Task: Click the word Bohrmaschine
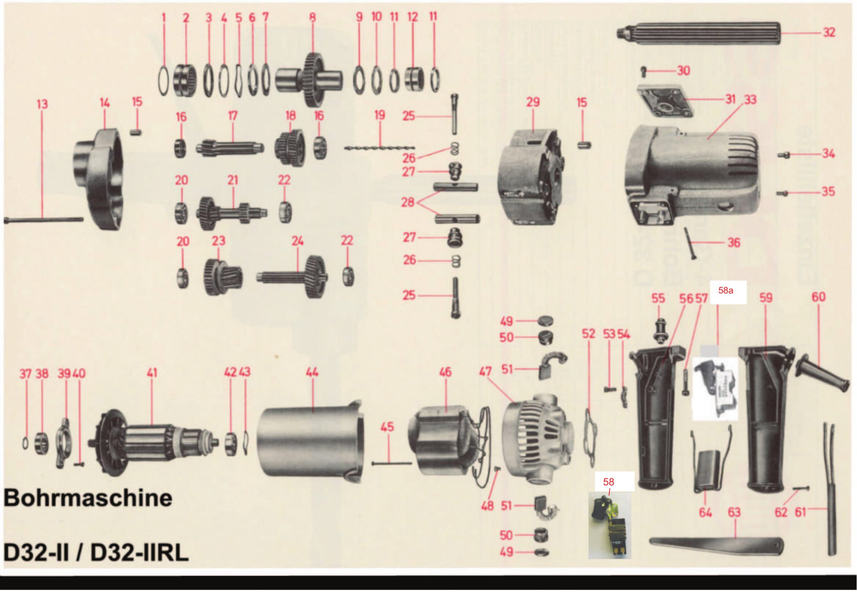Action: [88, 498]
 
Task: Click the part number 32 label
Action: [829, 32]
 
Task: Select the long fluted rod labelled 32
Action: [699, 33]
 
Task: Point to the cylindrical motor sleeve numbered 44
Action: [310, 442]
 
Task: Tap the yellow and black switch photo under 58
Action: [609, 526]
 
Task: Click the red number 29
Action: [533, 102]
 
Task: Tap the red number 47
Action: [485, 371]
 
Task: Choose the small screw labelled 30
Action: [644, 71]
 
